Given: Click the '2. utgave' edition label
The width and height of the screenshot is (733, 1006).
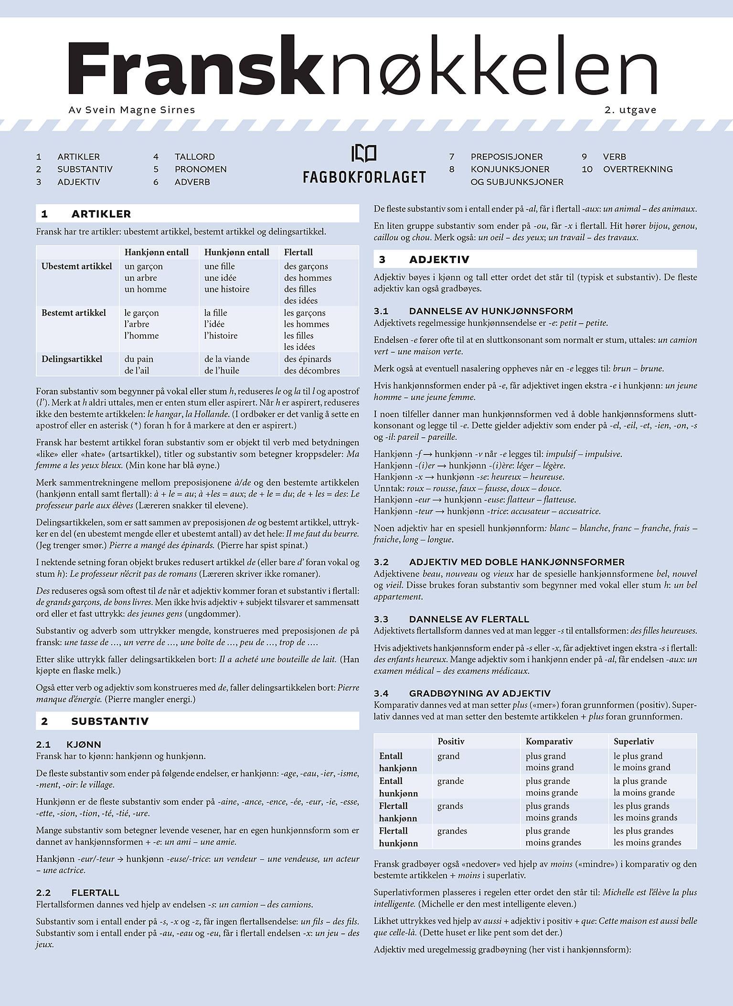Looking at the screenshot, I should pos(630,110).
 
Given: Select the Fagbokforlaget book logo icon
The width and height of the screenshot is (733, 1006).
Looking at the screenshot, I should pos(363,153).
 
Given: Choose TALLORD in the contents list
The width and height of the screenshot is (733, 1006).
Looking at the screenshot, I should pos(194,157).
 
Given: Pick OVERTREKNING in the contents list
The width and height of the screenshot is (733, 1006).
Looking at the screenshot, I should pos(637,169).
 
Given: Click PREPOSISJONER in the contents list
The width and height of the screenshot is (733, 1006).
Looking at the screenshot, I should pos(506,157).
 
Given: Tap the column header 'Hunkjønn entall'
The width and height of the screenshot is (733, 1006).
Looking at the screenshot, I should pos(237,252).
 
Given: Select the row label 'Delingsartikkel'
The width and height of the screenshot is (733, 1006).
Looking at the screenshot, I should pos(72,359).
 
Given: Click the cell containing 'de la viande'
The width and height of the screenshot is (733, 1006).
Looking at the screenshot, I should pos(227,359).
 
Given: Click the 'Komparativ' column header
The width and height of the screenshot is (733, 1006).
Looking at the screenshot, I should pos(549,741).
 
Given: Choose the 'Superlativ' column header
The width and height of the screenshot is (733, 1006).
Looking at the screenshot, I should pos(634,741).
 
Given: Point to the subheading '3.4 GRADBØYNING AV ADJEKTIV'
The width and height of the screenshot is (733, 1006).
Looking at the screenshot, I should pos(479,693).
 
